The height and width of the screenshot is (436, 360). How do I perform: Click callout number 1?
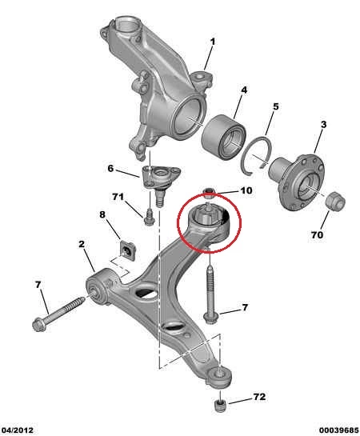coord(212,42)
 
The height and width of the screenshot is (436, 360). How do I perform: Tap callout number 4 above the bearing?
coord(244,90)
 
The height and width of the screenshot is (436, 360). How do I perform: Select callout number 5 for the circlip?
coord(275,106)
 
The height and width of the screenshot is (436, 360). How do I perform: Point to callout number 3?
coord(323,124)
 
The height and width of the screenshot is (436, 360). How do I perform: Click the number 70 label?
coord(317,235)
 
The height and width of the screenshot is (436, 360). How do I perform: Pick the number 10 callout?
coord(246,190)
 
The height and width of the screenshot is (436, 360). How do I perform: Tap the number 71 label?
coord(118,197)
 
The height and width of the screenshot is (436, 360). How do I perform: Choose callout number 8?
coord(102,214)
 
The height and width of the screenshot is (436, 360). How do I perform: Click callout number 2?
coord(82,244)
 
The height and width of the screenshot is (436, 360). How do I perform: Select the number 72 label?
coord(259,397)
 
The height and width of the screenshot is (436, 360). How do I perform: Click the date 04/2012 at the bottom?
coord(17,430)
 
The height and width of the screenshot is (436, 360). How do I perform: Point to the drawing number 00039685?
coord(339,430)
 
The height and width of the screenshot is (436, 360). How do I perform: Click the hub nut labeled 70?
coord(335,201)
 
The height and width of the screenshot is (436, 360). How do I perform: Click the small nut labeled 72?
coord(221,406)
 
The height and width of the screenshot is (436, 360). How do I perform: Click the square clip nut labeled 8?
coord(127,250)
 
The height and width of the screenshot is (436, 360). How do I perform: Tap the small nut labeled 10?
coord(209,193)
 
